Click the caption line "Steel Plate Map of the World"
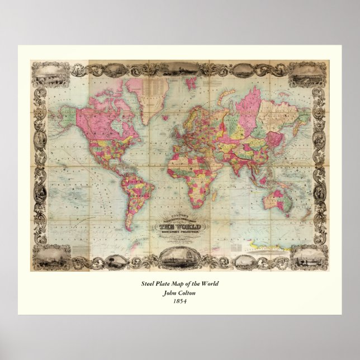pos(179,285)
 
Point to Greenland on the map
pos(135,88)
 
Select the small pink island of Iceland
pos(162,106)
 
